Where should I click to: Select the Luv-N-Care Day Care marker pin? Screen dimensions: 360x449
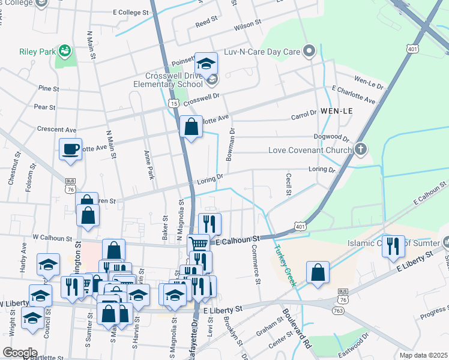[309, 51]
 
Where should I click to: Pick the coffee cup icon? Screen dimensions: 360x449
[70, 148]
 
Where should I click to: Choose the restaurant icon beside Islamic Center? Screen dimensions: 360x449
[393, 245]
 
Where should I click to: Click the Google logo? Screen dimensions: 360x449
[20, 352]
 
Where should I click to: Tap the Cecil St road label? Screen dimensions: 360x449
[289, 185]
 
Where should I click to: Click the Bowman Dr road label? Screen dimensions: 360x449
[230, 146]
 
